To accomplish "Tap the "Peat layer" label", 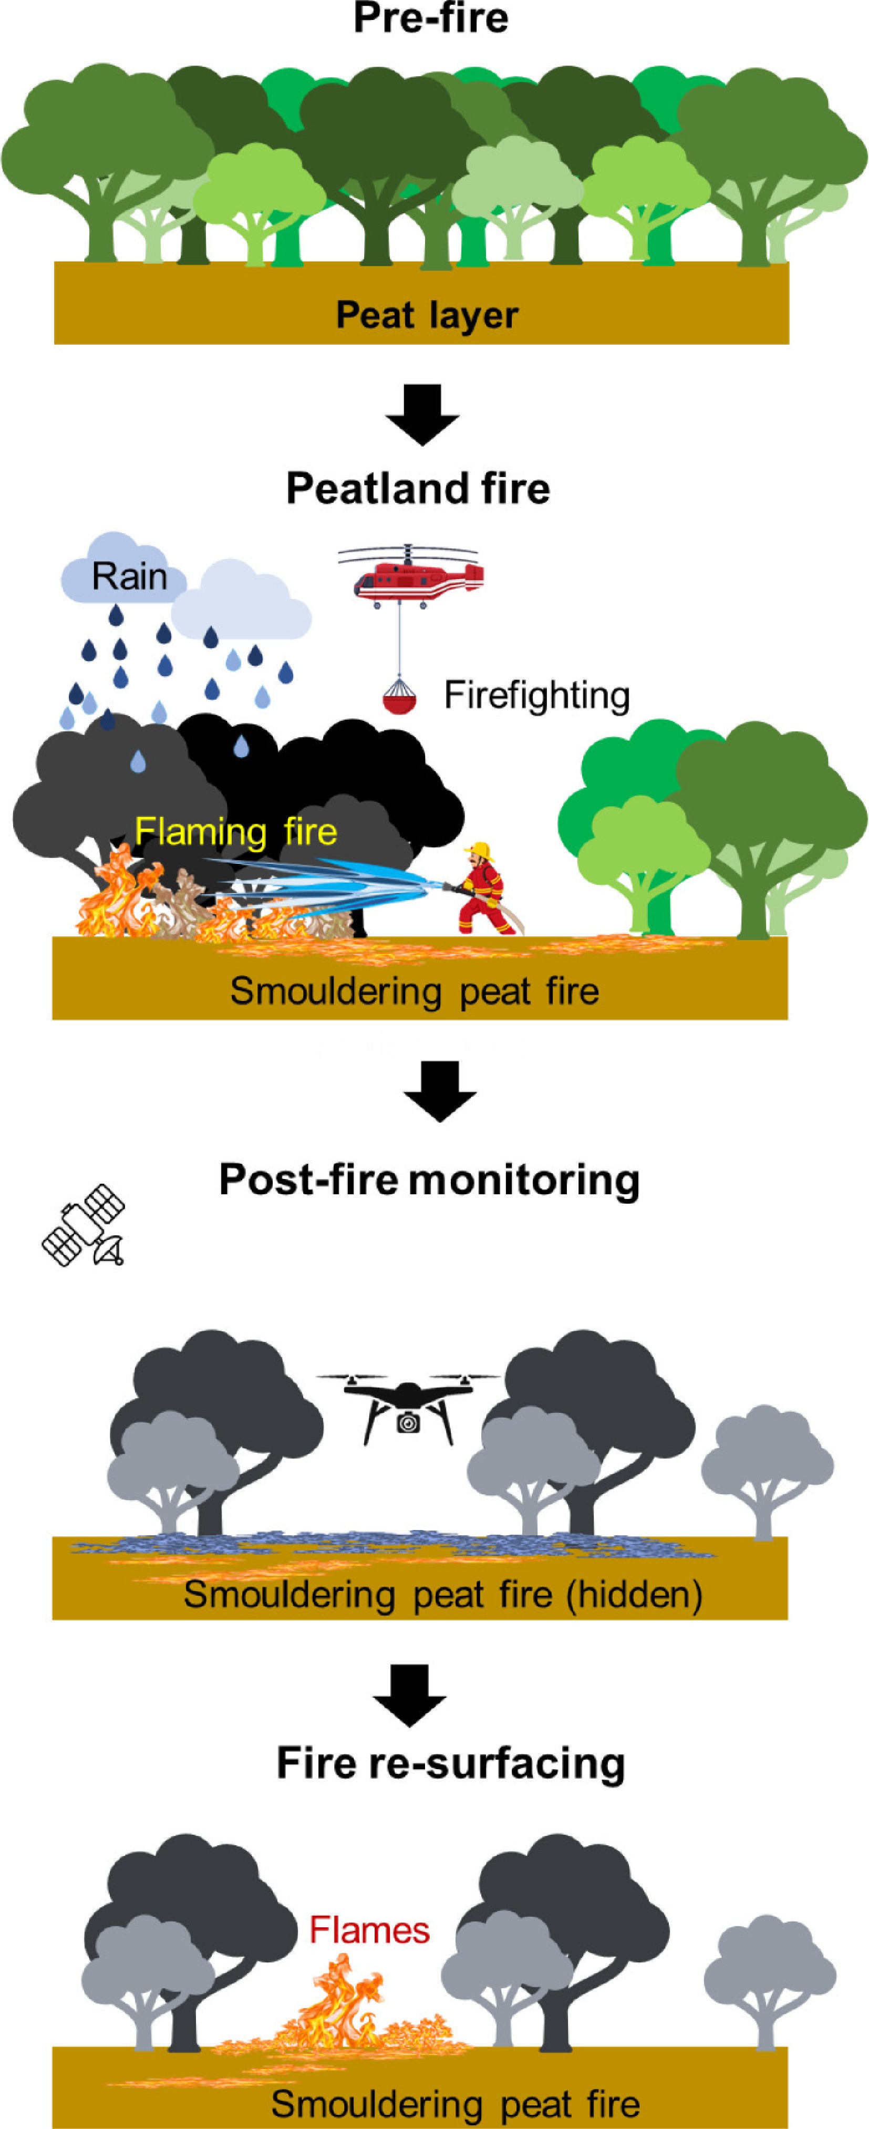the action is pyautogui.click(x=427, y=315).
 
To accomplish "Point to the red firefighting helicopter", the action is pyautogui.click(x=410, y=574).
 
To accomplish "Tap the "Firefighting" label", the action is pyautogui.click(x=537, y=696).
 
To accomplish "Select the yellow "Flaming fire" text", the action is pyautogui.click(x=236, y=831).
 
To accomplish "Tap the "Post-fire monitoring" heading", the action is pyautogui.click(x=430, y=1180).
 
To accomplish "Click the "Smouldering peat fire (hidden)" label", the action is pyautogui.click(x=443, y=1594).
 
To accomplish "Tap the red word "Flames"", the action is pyautogui.click(x=369, y=1930).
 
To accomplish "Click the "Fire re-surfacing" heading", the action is pyautogui.click(x=450, y=1764).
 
